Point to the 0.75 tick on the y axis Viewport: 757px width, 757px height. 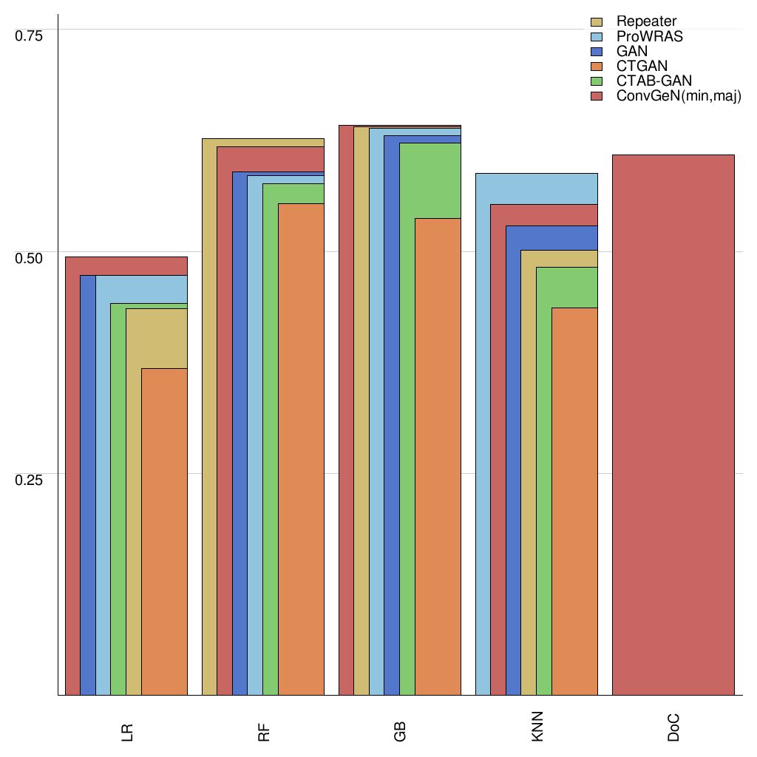pyautogui.click(x=30, y=35)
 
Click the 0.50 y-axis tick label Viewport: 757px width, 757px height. pyautogui.click(x=30, y=258)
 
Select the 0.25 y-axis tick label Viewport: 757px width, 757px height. pyautogui.click(x=30, y=479)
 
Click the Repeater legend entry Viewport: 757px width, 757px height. pyautogui.click(x=646, y=21)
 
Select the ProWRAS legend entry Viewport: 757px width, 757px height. pyautogui.click(x=649, y=36)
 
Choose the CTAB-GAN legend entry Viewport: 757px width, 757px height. pyautogui.click(x=654, y=81)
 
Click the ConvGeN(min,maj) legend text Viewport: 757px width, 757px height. pyautogui.click(x=678, y=97)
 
